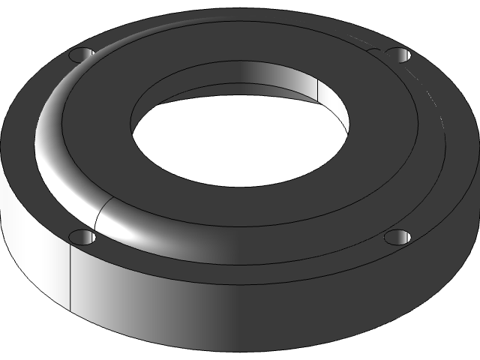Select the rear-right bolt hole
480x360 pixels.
click(397, 54)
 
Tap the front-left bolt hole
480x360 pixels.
click(82, 238)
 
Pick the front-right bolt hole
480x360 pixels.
click(398, 238)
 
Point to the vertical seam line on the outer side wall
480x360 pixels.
click(70, 277)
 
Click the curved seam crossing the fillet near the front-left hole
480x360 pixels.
click(99, 214)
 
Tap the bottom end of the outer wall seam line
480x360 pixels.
click(70, 311)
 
